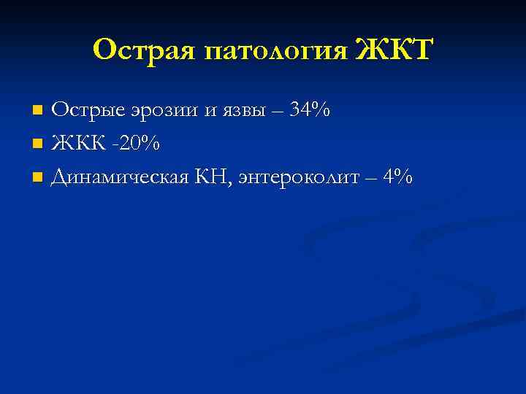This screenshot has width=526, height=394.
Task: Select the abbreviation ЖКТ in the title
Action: pyautogui.click(x=395, y=50)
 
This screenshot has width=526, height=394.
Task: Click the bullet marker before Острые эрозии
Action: pyautogui.click(x=39, y=111)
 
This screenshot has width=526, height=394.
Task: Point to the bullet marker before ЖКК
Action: pyautogui.click(x=39, y=144)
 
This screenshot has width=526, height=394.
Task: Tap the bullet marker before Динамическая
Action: pyautogui.click(x=39, y=178)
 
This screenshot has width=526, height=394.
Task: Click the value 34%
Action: pyautogui.click(x=310, y=110)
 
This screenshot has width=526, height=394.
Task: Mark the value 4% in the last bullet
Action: pyautogui.click(x=397, y=177)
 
